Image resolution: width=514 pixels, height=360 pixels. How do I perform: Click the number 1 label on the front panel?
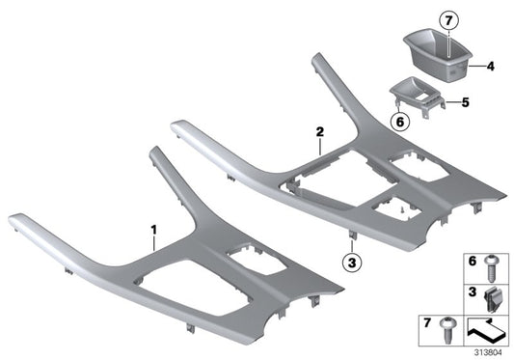[x=151, y=228]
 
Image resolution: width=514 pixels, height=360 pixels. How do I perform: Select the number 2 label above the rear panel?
[x=319, y=129]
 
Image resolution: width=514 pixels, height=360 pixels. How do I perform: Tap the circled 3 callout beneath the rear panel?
[x=353, y=262]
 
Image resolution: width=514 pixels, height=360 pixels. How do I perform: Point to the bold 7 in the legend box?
[x=424, y=320]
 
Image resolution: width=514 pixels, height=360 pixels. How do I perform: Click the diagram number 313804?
[x=489, y=353]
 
